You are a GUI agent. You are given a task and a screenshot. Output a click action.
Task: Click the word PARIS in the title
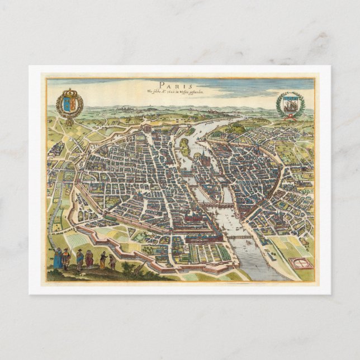point(181,84)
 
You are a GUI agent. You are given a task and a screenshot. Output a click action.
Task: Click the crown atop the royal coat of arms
point(69,93)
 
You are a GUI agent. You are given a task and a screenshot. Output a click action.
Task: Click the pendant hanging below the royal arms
point(69,121)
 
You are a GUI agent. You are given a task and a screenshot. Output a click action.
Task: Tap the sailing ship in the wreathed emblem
point(291,104)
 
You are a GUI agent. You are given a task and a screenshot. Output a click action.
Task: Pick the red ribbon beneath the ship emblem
point(291,117)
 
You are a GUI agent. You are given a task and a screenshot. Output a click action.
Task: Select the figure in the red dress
point(89,259)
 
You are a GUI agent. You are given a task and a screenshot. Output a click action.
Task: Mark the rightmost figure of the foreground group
point(112,262)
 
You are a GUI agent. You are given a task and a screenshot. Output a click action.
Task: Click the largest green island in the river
point(184,146)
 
